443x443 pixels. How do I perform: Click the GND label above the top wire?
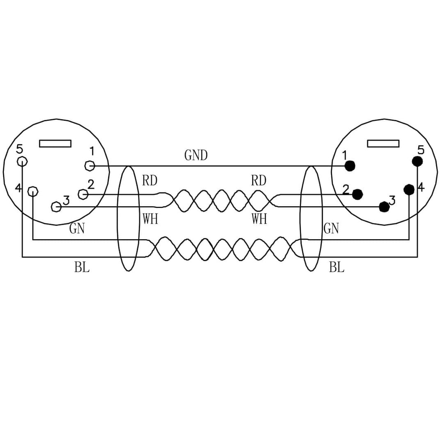pos(196,155)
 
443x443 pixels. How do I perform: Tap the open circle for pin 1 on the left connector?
pos(89,166)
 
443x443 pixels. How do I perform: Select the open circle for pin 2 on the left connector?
pos(83,194)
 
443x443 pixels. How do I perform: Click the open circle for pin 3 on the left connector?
pos(56,207)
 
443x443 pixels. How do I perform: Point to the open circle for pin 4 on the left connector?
pos(32,191)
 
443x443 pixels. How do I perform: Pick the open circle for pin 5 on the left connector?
pos(22,161)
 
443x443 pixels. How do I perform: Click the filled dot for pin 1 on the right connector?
pos(350,166)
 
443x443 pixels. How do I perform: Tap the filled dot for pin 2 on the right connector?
pos(357,194)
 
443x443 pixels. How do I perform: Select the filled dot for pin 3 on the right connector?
pos(384,207)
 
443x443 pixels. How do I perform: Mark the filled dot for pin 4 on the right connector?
pos(409,190)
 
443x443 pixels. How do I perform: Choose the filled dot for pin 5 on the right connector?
pos(417,161)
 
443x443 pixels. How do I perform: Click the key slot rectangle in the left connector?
pos(55,143)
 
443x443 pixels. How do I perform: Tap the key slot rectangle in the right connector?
pos(383,143)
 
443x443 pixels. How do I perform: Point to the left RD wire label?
pos(150,180)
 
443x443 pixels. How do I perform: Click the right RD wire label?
pos(258,180)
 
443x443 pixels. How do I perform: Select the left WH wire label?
pos(150,219)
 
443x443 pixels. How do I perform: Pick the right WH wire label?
pos(259,219)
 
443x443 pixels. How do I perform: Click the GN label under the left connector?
pos(77,228)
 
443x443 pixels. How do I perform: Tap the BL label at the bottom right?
pos(336,268)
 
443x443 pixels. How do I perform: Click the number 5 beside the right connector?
pos(421,150)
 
